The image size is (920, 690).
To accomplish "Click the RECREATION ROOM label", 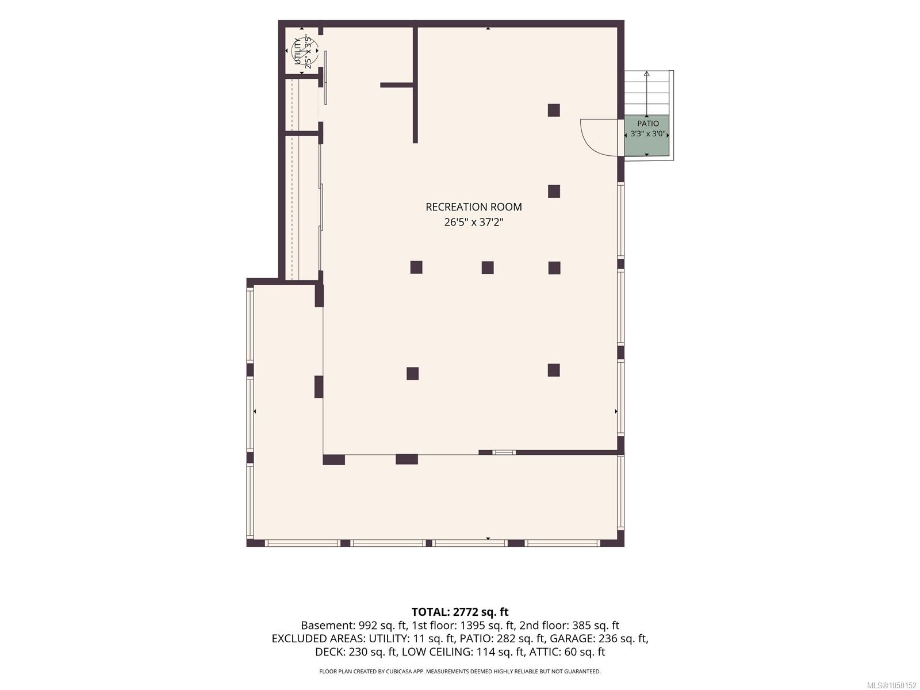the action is (x=474, y=207).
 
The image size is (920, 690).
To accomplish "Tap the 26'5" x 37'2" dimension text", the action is (x=474, y=222).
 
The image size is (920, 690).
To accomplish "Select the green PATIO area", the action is (x=647, y=135).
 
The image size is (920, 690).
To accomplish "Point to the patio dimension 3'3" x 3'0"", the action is (x=648, y=134).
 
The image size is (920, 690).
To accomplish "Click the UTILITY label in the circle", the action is (x=298, y=51).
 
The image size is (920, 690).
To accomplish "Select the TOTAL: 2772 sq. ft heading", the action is (x=460, y=612).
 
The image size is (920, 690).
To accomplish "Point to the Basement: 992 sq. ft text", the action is (x=354, y=626).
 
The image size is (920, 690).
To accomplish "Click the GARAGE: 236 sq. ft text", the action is (x=599, y=639).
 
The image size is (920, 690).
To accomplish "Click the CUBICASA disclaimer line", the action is (x=460, y=671).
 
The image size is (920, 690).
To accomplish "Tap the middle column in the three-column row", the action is (x=488, y=267).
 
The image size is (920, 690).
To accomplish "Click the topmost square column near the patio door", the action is (x=554, y=110).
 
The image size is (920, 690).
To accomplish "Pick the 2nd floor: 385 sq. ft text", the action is (x=569, y=626).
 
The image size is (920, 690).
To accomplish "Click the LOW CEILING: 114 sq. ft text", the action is (x=463, y=652).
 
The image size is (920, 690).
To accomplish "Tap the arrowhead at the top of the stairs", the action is (x=647, y=74).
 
